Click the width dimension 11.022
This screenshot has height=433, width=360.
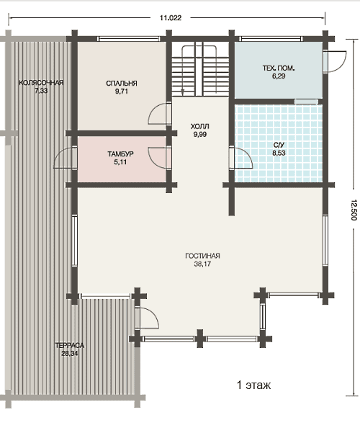[x=171, y=18]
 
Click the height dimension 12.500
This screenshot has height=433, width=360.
[x=354, y=210]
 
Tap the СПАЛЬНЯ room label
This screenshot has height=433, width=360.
[x=122, y=84]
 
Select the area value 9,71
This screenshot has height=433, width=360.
[x=122, y=91]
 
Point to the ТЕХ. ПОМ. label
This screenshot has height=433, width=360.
[x=279, y=68]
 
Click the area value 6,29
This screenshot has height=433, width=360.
[x=279, y=76]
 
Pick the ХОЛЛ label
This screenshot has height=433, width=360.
[x=200, y=127]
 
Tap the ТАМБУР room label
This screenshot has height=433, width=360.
[x=121, y=153]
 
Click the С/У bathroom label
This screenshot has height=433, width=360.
[x=279, y=145]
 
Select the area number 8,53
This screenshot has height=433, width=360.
[x=279, y=153]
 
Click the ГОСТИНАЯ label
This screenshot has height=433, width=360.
[x=202, y=256]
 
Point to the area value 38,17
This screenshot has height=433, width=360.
[x=202, y=264]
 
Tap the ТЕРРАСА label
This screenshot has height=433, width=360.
[x=70, y=345]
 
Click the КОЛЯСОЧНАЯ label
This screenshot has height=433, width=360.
[x=41, y=83]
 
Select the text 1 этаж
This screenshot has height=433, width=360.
[x=253, y=385]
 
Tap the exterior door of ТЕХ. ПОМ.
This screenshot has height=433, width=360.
[x=335, y=61]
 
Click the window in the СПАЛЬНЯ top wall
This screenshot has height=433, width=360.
[x=129, y=39]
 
